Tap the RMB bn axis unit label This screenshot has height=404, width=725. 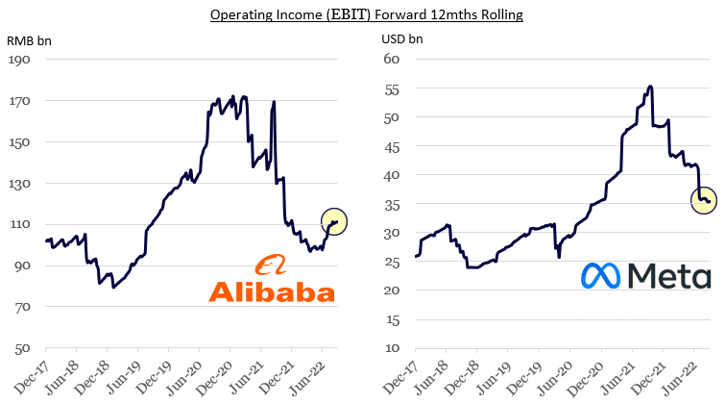pyautogui.click(x=28, y=42)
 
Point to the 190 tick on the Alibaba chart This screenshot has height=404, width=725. pyautogui.click(x=20, y=60)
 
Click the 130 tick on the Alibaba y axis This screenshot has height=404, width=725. pyautogui.click(x=20, y=184)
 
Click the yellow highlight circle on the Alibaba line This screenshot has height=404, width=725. pyautogui.click(x=335, y=222)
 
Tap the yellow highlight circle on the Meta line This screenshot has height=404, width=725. pyautogui.click(x=704, y=200)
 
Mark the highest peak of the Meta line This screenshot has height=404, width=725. pyautogui.click(x=651, y=87)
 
